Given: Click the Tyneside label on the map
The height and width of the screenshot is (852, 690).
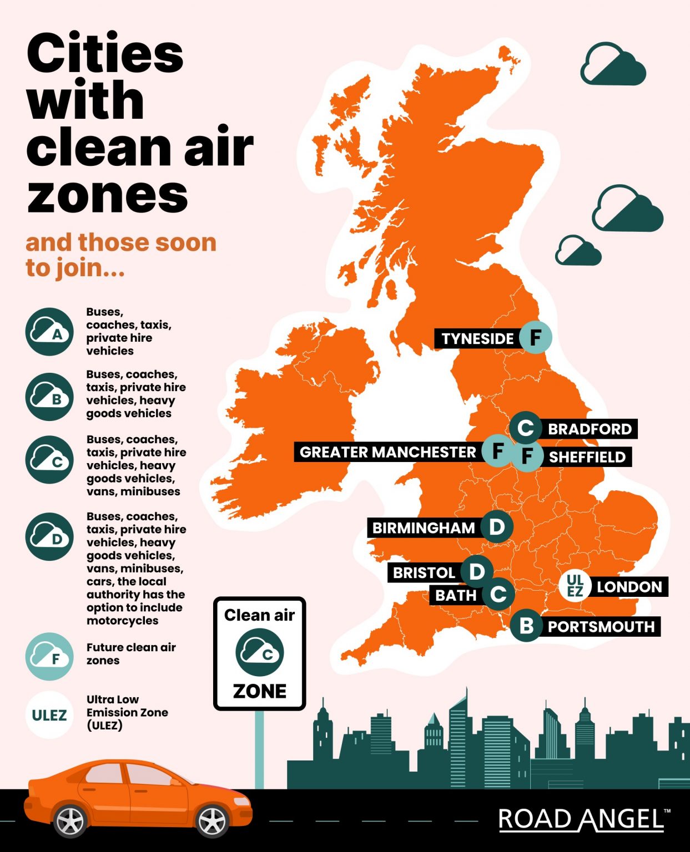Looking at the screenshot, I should tap(477, 338).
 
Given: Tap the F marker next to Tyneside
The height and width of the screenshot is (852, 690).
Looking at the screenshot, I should tap(536, 337).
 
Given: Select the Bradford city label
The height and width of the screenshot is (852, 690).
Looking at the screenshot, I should tap(590, 429).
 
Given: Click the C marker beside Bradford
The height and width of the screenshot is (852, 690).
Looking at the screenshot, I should tap(525, 428).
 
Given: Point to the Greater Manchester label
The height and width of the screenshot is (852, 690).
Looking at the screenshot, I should tap(387, 452).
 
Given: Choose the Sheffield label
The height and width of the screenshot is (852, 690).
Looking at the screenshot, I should tap(587, 457).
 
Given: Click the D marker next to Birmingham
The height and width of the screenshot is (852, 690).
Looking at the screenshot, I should tap(496, 526).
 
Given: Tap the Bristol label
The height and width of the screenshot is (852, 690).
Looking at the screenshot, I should tap(424, 572).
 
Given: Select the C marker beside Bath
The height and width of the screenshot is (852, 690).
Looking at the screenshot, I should tap(498, 594).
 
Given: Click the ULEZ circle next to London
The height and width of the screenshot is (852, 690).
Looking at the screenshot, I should tap(575, 586).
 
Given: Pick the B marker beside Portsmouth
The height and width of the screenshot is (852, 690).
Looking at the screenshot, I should tap(526, 626).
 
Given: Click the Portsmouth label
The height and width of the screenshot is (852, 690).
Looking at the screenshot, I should tap(601, 627).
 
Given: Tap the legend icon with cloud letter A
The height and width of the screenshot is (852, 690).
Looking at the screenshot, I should tap(49, 332).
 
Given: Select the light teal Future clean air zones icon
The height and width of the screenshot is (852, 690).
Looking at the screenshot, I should tap(49, 657).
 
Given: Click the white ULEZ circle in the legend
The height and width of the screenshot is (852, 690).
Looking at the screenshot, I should tap(49, 715).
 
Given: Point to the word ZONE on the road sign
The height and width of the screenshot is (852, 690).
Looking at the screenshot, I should tap(260, 691).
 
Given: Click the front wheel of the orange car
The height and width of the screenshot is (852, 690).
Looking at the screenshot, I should tap(212, 820).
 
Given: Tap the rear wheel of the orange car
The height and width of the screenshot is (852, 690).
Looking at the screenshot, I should tap(70, 820).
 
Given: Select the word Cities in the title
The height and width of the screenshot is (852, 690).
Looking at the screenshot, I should tap(105, 53).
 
